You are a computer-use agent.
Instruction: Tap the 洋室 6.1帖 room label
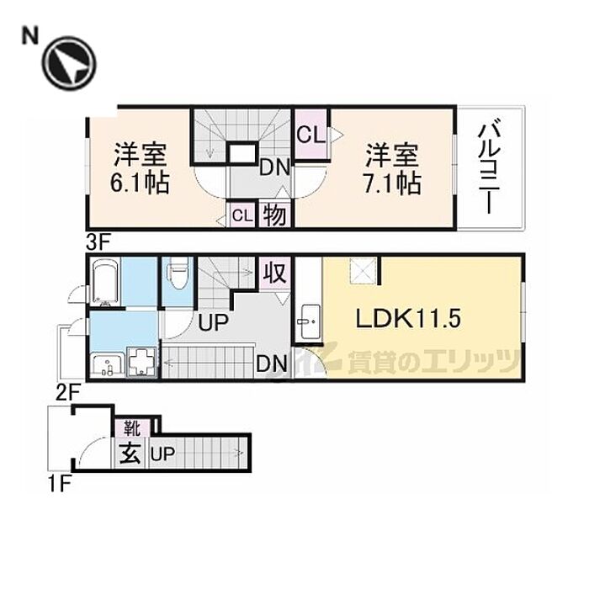tap(141, 168)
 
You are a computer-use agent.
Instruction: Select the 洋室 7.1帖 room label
tap(392, 168)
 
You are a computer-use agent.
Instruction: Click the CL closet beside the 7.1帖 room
tap(308, 133)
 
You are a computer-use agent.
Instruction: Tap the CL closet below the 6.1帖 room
tap(241, 215)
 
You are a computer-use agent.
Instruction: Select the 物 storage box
tap(275, 215)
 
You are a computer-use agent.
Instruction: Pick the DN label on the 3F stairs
tap(274, 167)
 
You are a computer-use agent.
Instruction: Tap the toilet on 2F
tap(177, 274)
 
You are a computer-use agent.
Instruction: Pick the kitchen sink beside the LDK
tap(307, 320)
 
